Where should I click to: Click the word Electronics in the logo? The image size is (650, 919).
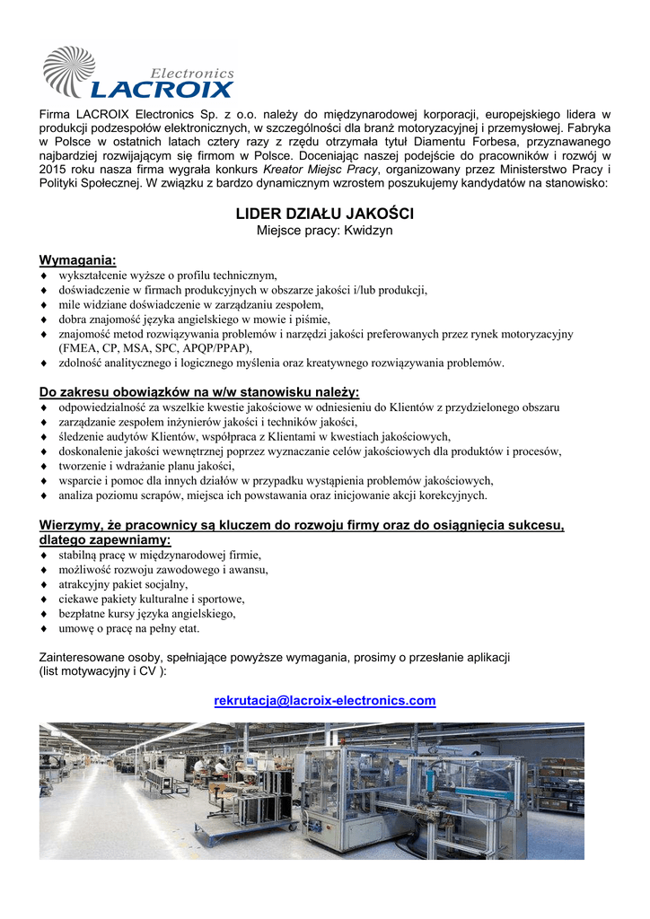pos(191,73)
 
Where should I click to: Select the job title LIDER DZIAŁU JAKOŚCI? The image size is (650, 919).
pos(324,214)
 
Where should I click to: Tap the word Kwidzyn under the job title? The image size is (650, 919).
pos(363,231)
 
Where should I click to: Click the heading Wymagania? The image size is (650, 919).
pos(77,260)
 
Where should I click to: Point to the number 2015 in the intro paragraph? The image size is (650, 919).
pos(54,169)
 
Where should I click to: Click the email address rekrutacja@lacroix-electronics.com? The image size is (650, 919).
pos(324,700)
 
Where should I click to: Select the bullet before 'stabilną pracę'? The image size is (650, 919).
pos(44,554)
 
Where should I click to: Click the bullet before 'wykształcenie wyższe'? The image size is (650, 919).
pos(44,275)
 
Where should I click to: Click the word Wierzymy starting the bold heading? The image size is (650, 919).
pos(71,525)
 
